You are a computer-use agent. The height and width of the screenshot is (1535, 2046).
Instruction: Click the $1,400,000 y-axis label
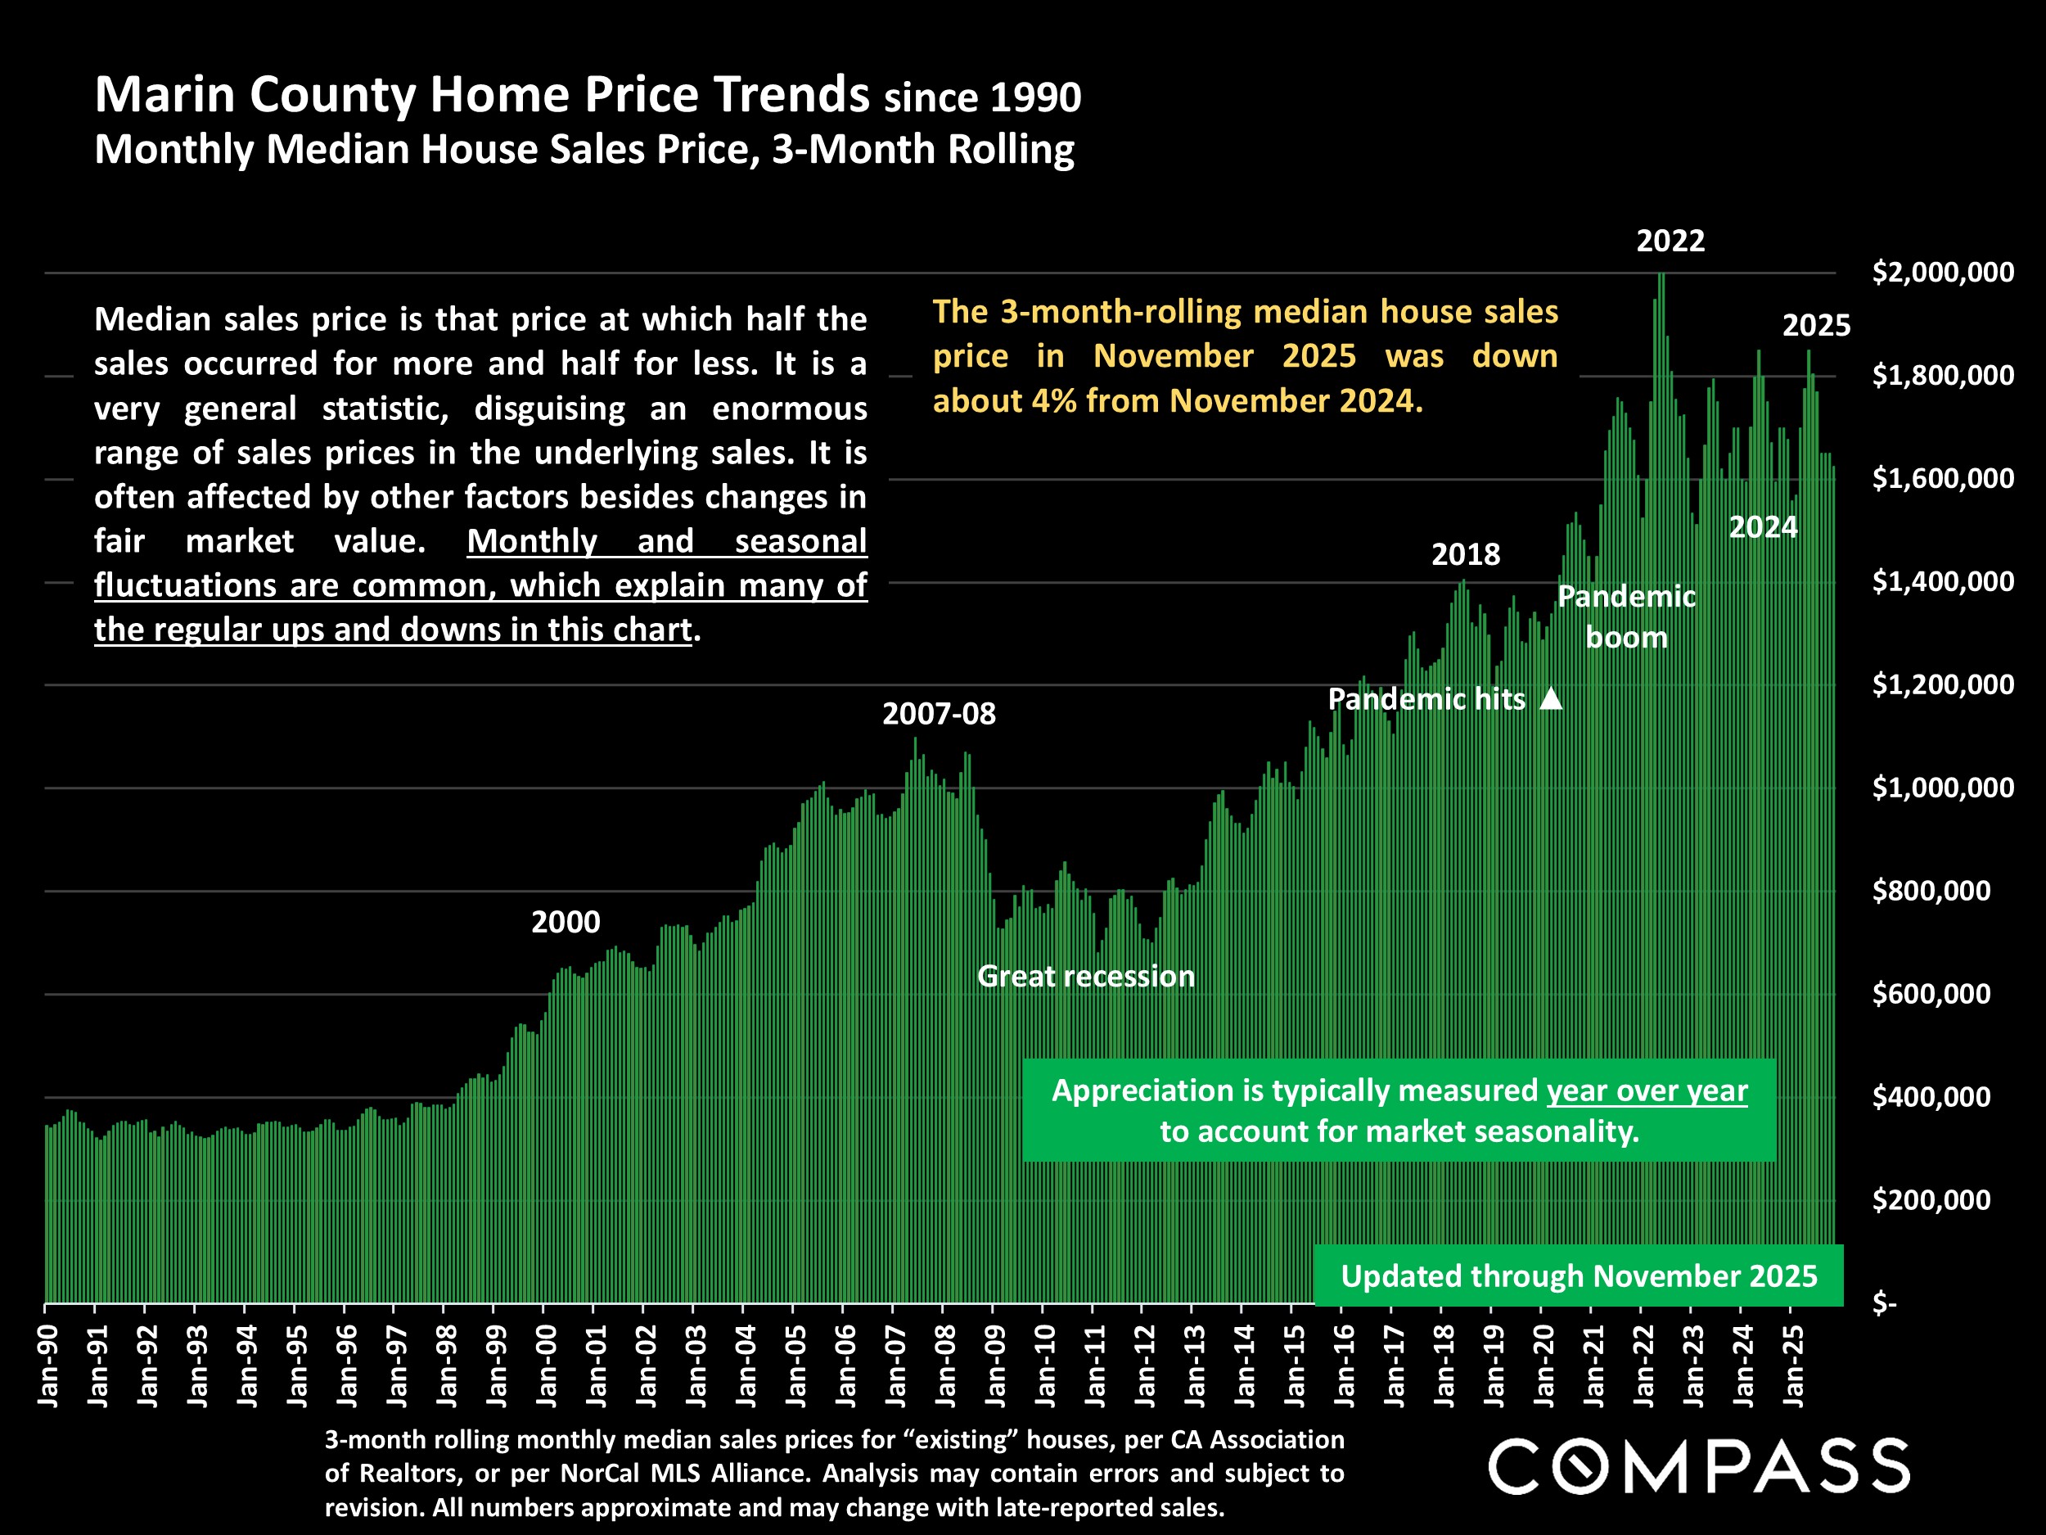coord(1941,582)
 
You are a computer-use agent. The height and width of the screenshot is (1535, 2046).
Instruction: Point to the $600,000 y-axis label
coord(1931,994)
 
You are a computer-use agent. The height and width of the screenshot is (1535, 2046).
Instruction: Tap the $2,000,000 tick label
coord(1941,273)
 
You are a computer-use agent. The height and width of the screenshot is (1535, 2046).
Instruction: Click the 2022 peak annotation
coord(1670,242)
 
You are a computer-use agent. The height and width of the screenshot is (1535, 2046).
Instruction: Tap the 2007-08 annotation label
coord(938,715)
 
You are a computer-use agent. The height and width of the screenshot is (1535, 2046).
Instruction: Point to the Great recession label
coord(1085,976)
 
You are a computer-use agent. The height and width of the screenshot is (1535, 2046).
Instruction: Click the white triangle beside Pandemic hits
coord(1551,699)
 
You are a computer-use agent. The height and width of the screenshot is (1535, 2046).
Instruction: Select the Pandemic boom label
coord(1626,617)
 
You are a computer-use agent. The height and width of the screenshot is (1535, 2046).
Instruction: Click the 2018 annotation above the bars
coord(1465,555)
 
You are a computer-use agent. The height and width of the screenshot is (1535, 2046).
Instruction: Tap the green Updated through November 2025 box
coord(1578,1276)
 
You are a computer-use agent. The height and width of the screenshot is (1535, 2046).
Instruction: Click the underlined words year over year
coord(1647,1091)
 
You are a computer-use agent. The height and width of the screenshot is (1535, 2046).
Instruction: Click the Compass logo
coord(1698,1465)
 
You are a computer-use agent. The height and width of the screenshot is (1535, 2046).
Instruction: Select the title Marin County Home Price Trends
coord(481,95)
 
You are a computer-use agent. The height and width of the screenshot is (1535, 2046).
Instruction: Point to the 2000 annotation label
coord(566,923)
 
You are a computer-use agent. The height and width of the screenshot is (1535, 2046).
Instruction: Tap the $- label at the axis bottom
coord(1884,1303)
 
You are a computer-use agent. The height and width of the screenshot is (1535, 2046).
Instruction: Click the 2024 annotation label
coord(1762,527)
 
